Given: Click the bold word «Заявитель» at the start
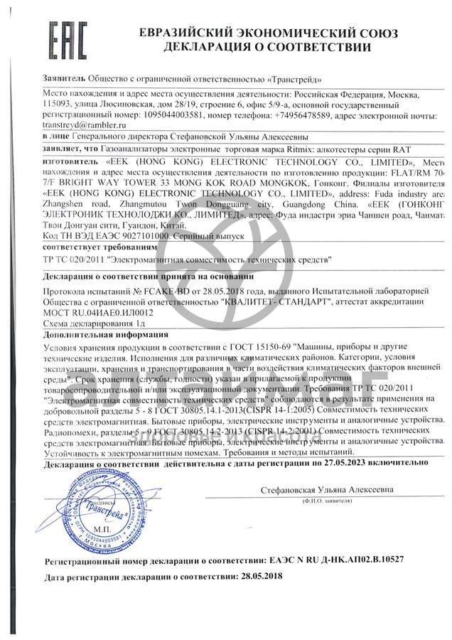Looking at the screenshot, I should (65, 78).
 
